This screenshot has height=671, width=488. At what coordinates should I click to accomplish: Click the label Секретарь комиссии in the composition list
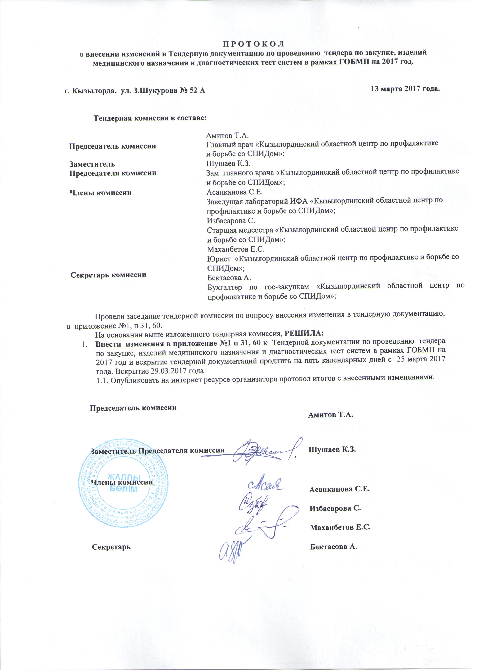(108, 275)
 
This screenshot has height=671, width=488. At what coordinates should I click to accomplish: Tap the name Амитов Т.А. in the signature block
(331, 415)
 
